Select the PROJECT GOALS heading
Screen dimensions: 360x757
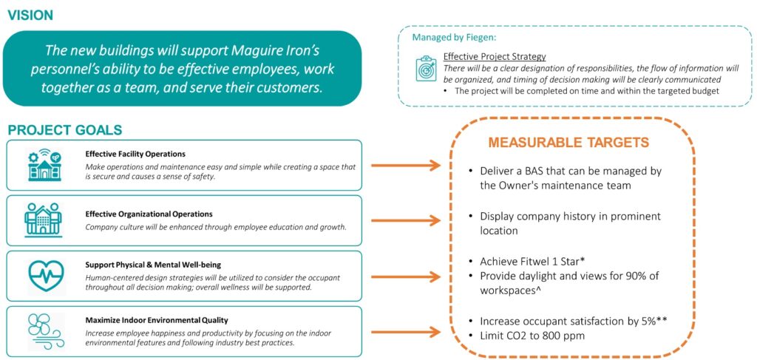pos(65,130)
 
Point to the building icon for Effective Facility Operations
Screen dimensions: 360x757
pos(44,166)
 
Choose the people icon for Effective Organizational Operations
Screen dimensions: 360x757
pos(44,220)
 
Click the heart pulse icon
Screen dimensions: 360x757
pos(44,275)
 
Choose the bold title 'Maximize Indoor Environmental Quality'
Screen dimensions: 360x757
pos(156,320)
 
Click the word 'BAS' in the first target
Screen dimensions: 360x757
pos(532,171)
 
